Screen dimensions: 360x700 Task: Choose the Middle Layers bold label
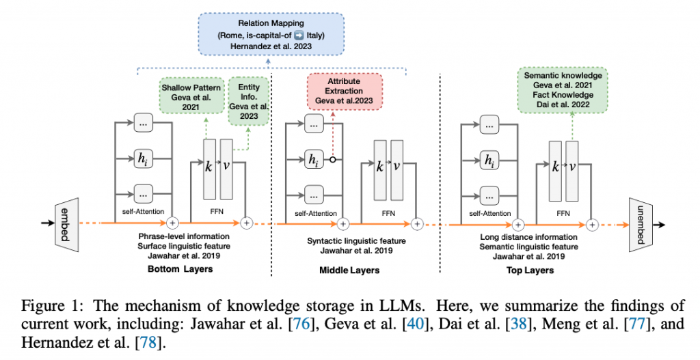[x=349, y=270]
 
